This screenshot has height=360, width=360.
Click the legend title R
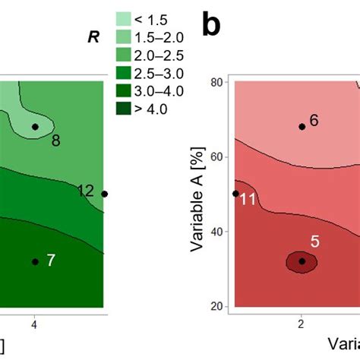93,36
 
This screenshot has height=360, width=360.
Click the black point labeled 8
35,127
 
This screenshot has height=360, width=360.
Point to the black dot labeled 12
105,194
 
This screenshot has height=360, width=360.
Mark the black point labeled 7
35,261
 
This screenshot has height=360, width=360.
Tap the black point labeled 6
302,127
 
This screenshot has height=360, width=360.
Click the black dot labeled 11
235,194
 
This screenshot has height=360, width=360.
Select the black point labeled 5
302,261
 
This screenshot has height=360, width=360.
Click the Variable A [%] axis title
197,194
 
